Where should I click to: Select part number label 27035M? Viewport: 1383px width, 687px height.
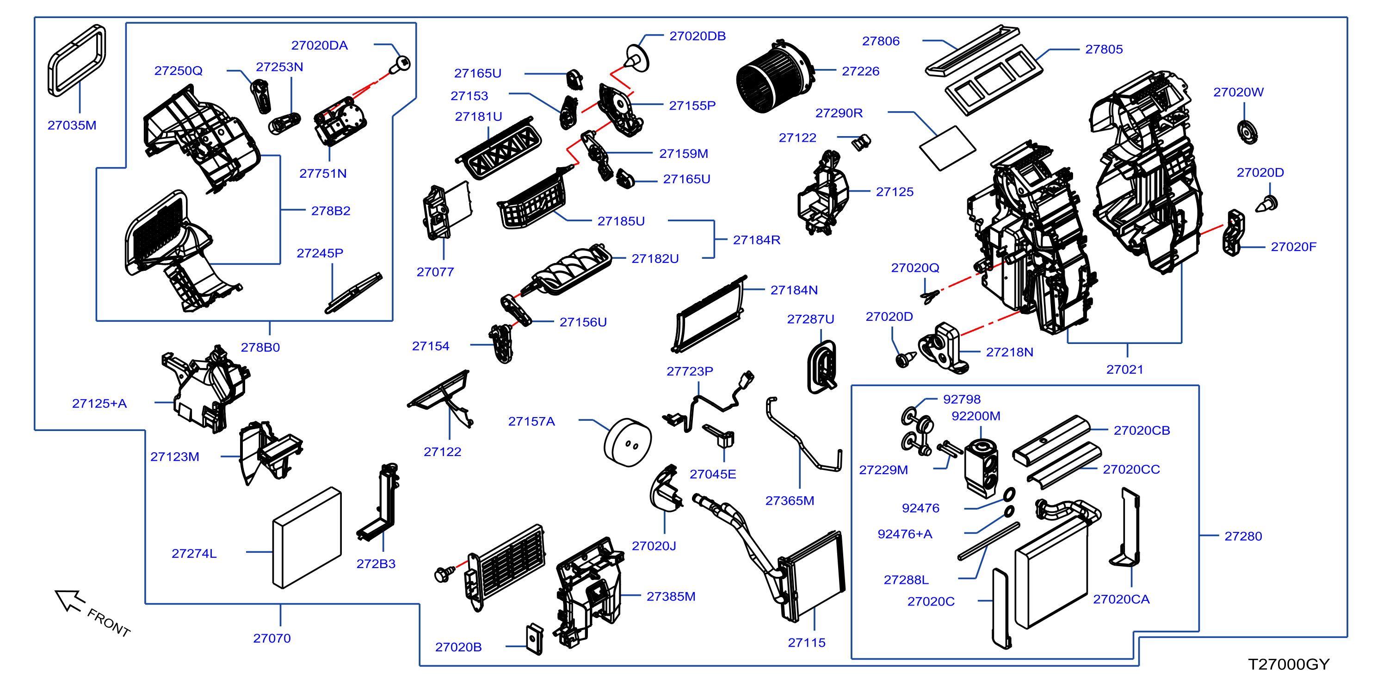pos(72,125)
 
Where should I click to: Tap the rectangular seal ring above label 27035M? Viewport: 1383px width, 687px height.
pos(76,60)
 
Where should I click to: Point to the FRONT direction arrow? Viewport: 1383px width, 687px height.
pos(69,600)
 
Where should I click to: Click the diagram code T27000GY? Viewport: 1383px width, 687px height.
pos(1289,664)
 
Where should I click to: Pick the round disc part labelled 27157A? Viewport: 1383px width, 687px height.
pos(627,443)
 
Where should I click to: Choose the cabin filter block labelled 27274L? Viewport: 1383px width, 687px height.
pos(307,537)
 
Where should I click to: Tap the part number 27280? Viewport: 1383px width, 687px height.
pos(1243,536)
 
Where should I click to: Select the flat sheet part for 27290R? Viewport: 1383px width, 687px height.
pos(948,148)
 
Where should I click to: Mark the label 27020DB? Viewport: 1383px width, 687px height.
pos(698,36)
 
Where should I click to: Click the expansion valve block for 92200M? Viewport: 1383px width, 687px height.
pos(981,468)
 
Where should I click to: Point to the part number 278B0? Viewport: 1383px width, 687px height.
pos(260,348)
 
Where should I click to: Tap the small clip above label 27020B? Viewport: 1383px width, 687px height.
pos(534,639)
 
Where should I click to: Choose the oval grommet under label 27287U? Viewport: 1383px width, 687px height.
pos(822,367)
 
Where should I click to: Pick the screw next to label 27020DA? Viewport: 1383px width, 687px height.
pos(400,64)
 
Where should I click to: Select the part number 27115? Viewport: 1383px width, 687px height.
pos(806,643)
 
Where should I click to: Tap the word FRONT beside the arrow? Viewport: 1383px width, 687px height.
pos(109,623)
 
